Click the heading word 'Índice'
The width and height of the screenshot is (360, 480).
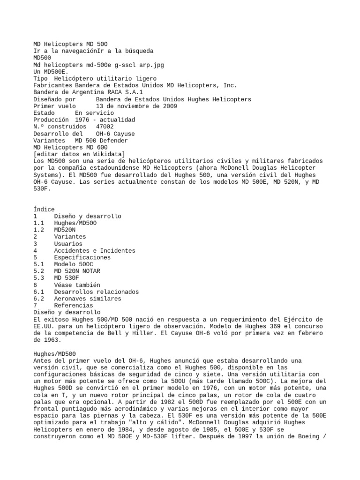click(44, 209)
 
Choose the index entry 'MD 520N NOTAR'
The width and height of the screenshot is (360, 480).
click(77, 271)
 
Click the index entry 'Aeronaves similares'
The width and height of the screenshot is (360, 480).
click(88, 299)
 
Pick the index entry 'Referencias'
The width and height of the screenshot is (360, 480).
click(74, 305)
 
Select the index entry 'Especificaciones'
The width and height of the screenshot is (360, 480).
click(82, 257)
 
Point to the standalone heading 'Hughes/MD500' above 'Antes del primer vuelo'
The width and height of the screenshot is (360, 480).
click(55, 353)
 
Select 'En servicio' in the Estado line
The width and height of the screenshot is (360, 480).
click(94, 113)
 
